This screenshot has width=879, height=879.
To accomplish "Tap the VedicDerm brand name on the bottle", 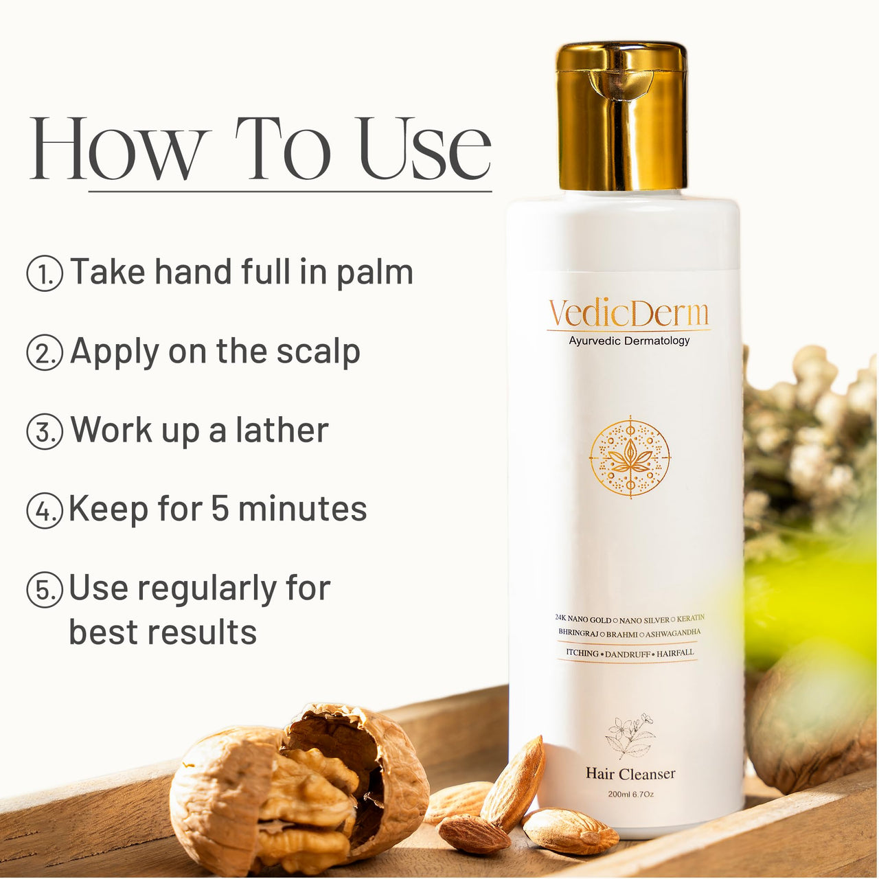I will [628, 314].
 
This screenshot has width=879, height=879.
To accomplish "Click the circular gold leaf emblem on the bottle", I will [630, 458].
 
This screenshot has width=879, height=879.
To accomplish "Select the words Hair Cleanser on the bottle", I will [630, 774].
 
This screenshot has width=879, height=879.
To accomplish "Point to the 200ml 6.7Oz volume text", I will [630, 795].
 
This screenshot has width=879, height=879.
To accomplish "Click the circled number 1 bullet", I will [45, 273].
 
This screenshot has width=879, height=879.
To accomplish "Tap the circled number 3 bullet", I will [45, 432].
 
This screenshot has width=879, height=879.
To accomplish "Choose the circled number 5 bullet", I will [45, 590].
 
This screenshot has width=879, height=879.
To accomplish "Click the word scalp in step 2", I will [318, 352].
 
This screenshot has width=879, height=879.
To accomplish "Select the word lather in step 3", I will [282, 431].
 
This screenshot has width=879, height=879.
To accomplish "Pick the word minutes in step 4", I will [302, 510].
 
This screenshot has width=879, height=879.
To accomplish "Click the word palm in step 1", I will [374, 273].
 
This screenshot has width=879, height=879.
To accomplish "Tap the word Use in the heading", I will [424, 149].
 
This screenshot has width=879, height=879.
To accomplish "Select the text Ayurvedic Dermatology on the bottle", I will [629, 341].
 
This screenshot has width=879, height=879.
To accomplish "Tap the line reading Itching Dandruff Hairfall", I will [630, 653].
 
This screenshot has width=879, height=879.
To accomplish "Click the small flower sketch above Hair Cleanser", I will [630, 735].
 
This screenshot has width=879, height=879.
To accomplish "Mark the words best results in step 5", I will [163, 632].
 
